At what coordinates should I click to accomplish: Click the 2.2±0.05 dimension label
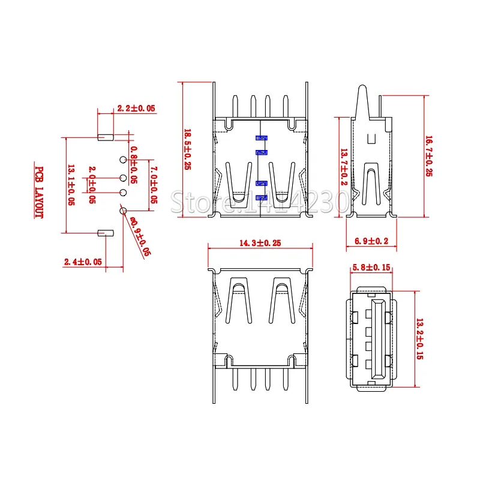[136, 109]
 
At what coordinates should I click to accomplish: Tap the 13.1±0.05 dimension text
[71, 185]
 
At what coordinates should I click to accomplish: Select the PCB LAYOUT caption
[39, 192]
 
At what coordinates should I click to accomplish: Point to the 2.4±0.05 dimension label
[83, 262]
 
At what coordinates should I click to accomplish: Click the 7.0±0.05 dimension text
[153, 185]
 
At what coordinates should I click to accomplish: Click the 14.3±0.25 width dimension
[260, 243]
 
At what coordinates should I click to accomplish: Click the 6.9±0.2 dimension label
[372, 241]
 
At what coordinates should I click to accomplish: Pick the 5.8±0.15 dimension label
[371, 267]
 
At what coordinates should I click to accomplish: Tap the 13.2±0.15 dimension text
[419, 338]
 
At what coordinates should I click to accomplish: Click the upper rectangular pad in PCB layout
[105, 137]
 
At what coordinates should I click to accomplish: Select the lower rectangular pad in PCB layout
[106, 232]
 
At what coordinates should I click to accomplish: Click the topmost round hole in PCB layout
[123, 160]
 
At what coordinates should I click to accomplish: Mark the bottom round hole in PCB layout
[123, 210]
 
